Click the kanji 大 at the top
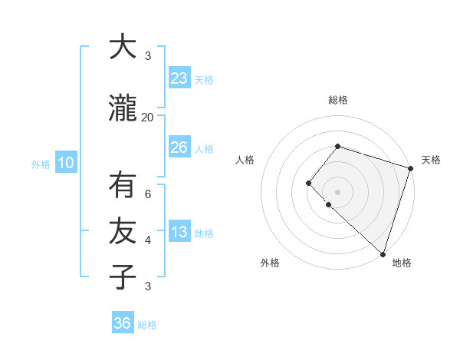(x=122, y=47)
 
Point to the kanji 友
(x=122, y=230)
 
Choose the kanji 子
(x=122, y=277)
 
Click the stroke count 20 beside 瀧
(x=147, y=117)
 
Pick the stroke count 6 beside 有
(x=148, y=194)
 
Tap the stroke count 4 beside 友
(x=148, y=240)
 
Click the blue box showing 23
(x=179, y=78)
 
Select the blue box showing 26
(x=179, y=147)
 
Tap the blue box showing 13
(x=179, y=232)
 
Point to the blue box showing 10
(x=65, y=163)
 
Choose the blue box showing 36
(x=122, y=323)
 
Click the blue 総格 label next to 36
(x=147, y=325)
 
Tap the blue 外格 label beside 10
(x=41, y=164)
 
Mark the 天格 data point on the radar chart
(x=410, y=168)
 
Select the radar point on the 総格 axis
(x=337, y=146)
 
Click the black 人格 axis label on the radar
(x=245, y=160)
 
